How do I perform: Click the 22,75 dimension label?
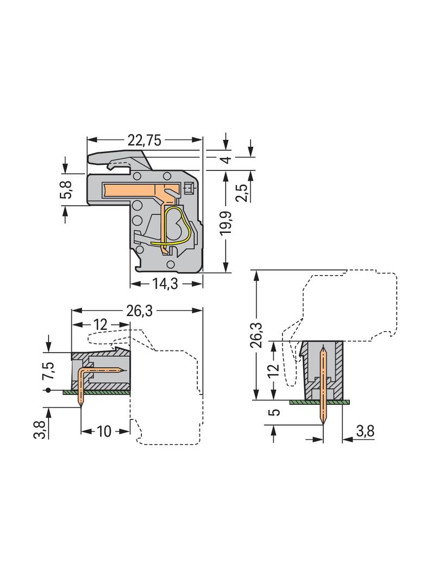coord(145,140)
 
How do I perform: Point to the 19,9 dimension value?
coord(226,223)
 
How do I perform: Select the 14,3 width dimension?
coord(166,284)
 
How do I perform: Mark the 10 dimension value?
coord(104,431)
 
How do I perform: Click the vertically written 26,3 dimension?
coord(257,336)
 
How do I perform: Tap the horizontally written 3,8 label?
coord(365,431)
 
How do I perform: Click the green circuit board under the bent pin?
coord(96,392)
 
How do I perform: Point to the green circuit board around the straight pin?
coord(319,402)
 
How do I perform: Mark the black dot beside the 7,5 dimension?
coord(48,390)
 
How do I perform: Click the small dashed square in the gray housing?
coord(189,189)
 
